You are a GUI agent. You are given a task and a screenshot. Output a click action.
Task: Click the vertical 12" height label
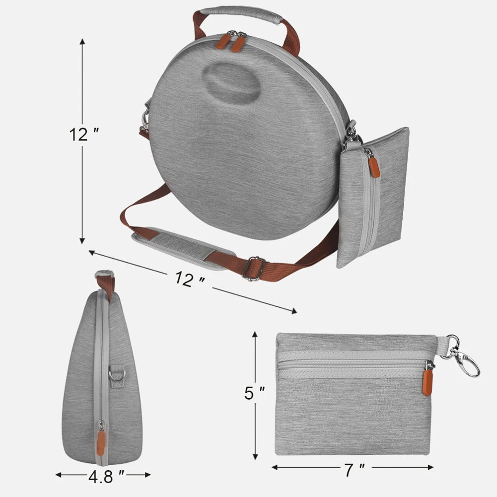(84, 135)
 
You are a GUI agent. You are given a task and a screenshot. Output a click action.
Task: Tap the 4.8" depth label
(105, 477)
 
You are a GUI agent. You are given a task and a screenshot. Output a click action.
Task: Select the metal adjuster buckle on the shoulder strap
(254, 268)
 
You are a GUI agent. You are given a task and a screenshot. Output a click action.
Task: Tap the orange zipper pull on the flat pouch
(427, 382)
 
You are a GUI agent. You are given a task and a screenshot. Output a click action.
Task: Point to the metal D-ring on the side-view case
(116, 373)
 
